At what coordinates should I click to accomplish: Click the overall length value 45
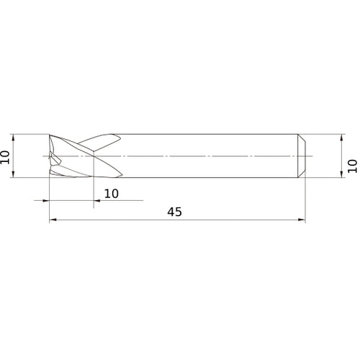pyautogui.click(x=174, y=212)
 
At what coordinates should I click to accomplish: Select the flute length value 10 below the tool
pyautogui.click(x=112, y=193)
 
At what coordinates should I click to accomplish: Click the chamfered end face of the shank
pyautogui.click(x=302, y=156)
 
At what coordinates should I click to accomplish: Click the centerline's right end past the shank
pyautogui.click(x=313, y=156)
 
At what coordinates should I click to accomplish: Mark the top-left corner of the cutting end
pyautogui.click(x=50, y=135)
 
